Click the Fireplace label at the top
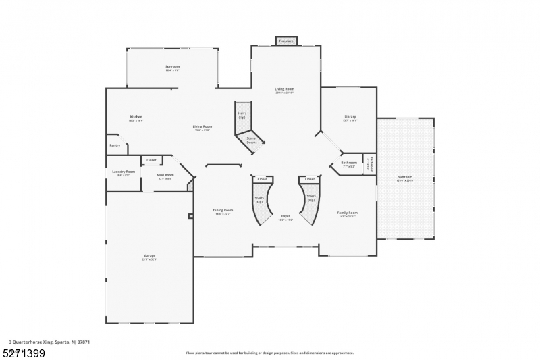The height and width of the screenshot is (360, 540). [x=286, y=41]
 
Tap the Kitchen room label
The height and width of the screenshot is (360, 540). [x=136, y=117]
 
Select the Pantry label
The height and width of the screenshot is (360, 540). [x=115, y=145]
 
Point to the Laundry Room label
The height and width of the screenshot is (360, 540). [x=123, y=172]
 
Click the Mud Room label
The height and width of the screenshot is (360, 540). [x=165, y=176]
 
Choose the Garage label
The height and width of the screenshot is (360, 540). [x=149, y=256]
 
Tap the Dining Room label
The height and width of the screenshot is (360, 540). [x=223, y=210]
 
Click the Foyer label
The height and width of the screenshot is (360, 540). [x=286, y=216]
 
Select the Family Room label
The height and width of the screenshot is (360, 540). [x=348, y=213]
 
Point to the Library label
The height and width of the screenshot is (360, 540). [x=350, y=117]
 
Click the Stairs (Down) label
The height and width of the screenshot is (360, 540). [x=251, y=140]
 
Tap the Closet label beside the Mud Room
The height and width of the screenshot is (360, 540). [x=151, y=160]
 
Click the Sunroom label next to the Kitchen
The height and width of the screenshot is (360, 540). [x=172, y=67]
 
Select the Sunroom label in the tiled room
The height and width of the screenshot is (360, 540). [x=404, y=177]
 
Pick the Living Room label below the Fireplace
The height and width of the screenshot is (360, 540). [x=284, y=89]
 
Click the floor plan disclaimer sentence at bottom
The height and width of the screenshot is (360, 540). [x=269, y=352]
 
